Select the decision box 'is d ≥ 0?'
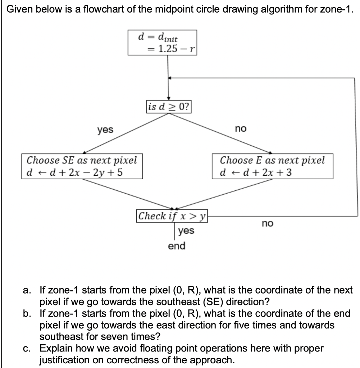169,107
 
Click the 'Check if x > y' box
172,216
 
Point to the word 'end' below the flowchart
177,246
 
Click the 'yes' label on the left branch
105,129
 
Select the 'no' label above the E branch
240,128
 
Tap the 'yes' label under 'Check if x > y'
186,230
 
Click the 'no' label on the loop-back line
267,224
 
